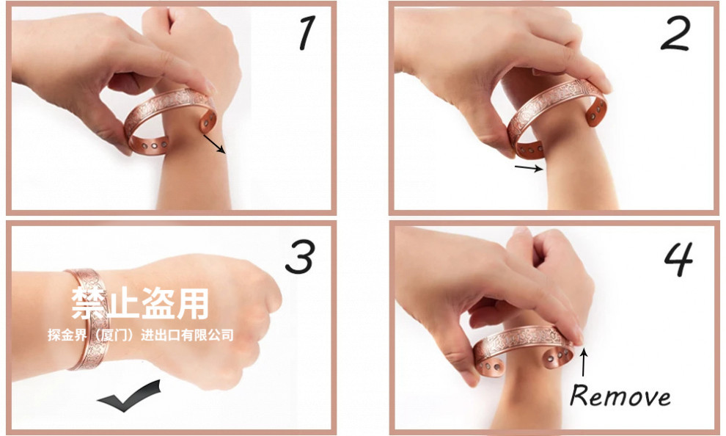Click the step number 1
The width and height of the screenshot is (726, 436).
tap(307, 32)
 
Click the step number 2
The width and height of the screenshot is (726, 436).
tap(675, 33)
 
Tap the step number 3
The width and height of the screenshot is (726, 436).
tap(301, 257)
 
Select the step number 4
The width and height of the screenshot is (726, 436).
tap(679, 259)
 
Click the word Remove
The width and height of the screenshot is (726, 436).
tap(620, 396)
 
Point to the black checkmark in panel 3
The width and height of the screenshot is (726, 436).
tap(129, 396)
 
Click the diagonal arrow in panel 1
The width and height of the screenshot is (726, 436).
tap(214, 144)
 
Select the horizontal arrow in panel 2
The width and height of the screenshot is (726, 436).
tap(529, 168)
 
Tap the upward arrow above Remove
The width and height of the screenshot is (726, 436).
tap(584, 362)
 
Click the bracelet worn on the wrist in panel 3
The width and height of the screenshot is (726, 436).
tap(88, 320)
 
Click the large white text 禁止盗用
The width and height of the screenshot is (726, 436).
tap(140, 303)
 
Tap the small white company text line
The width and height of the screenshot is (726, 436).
tap(140, 335)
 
